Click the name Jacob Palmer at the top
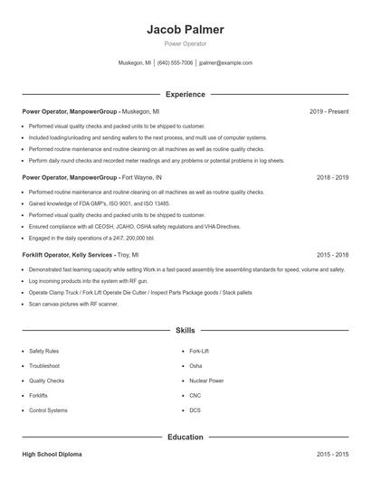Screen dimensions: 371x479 click(185, 29)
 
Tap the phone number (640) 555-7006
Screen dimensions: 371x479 click(175, 63)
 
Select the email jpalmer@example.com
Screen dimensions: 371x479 click(225, 63)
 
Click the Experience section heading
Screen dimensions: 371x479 click(185, 94)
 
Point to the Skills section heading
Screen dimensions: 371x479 click(185, 331)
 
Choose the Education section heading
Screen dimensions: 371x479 click(185, 437)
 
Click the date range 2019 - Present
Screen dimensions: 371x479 click(328, 111)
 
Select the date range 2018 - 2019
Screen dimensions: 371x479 click(332, 178)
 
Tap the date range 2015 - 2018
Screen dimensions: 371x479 click(332, 256)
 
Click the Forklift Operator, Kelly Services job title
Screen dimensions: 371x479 click(68, 256)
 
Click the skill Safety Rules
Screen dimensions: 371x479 click(44, 351)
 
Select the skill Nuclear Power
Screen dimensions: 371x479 click(207, 380)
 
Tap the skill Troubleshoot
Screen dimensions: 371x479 click(44, 365)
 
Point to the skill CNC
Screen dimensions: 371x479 click(195, 395)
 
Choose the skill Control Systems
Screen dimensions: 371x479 click(48, 410)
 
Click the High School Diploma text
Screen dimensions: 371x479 click(53, 454)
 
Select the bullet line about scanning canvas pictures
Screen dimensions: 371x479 click(73, 305)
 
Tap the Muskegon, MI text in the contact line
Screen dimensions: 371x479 click(135, 63)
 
